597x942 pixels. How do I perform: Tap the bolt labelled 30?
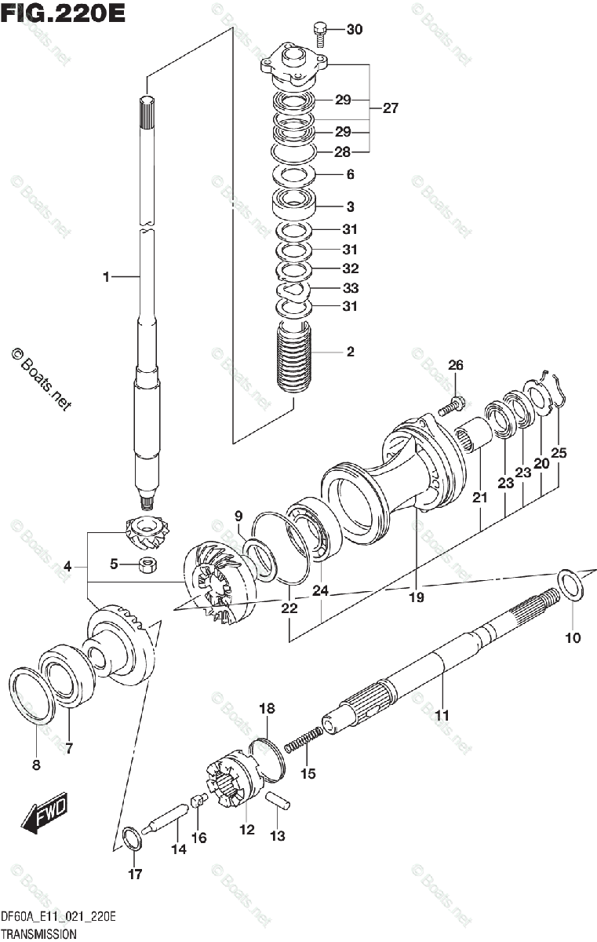(x=320, y=31)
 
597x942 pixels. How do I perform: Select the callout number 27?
(x=390, y=108)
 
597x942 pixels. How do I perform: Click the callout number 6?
(x=350, y=174)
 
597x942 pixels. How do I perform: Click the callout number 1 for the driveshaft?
(x=106, y=276)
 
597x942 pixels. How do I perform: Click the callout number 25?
(x=559, y=452)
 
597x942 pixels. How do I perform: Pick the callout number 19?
(x=415, y=597)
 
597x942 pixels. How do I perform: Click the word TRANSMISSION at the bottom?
(x=38, y=934)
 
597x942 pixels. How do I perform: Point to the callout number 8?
(x=36, y=765)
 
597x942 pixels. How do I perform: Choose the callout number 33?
(x=350, y=288)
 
